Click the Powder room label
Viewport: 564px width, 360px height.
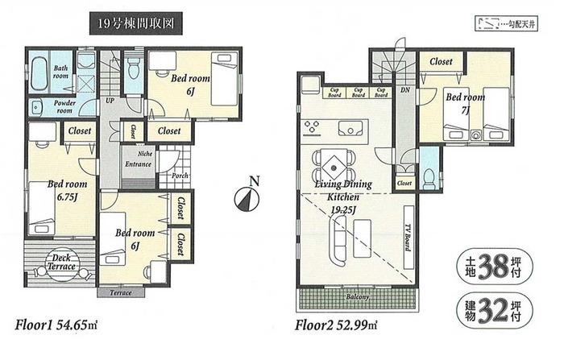tap(64, 106)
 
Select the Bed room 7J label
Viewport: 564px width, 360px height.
tap(465, 101)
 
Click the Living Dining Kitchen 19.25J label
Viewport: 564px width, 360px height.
tap(343, 194)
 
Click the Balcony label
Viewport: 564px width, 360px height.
tap(359, 297)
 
